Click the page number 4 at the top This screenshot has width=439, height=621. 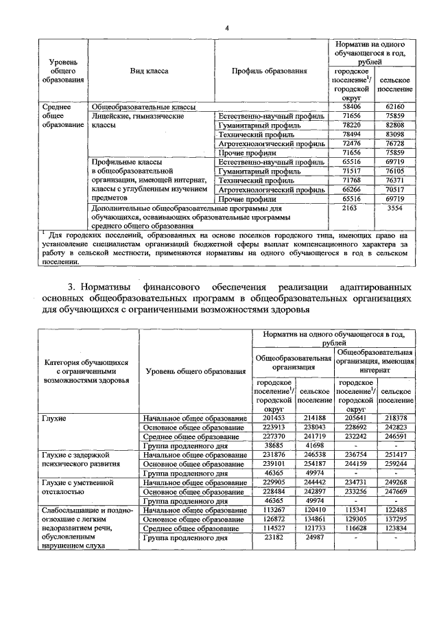[227, 27]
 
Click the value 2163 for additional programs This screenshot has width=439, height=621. [351, 207]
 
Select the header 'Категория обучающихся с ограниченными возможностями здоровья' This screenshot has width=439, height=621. [86, 371]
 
